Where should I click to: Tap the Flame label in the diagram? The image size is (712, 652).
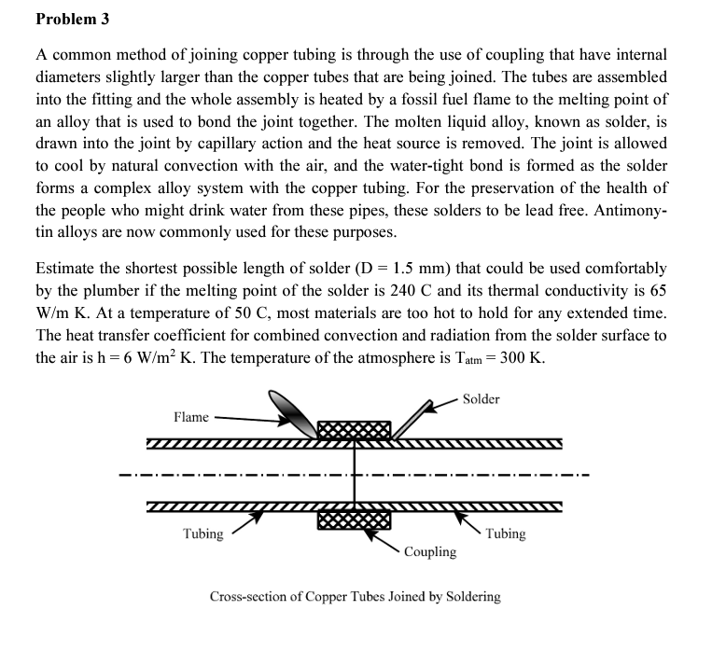(x=191, y=416)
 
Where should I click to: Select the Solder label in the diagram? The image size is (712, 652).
(x=481, y=399)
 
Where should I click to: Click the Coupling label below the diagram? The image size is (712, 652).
(x=430, y=552)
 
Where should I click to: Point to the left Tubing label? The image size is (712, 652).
(x=202, y=534)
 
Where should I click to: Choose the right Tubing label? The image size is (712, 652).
(x=505, y=534)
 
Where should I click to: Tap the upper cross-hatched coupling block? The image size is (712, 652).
(x=354, y=430)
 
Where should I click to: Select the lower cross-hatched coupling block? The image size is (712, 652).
(x=354, y=519)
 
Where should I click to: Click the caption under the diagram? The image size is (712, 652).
(x=355, y=596)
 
